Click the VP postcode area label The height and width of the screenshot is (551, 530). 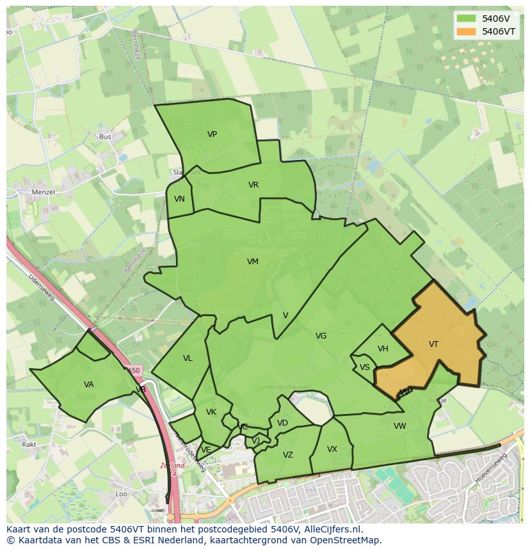click(212, 134)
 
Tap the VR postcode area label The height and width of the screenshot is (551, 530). click(253, 185)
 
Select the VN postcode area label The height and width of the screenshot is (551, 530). click(179, 199)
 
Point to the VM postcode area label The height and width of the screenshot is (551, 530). click(253, 261)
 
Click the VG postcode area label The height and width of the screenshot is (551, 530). click(321, 336)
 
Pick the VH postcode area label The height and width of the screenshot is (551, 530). click(383, 349)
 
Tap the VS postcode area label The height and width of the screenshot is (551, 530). click(365, 367)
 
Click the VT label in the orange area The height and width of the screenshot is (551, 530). click(433, 344)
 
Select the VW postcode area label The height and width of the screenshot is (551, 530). click(399, 426)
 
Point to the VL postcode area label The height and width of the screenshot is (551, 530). click(188, 358)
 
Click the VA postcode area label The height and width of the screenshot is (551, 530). click(89, 385)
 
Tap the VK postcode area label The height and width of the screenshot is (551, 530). click(211, 412)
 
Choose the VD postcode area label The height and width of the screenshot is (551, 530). click(282, 423)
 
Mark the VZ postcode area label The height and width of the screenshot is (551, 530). click(288, 455)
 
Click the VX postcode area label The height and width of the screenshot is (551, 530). click(332, 449)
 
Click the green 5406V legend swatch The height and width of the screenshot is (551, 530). click(465, 18)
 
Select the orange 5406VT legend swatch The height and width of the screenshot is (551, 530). click(465, 31)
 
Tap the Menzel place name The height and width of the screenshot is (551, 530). click(44, 192)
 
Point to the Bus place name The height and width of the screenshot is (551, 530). click(106, 137)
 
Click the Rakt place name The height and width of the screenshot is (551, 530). click(29, 444)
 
